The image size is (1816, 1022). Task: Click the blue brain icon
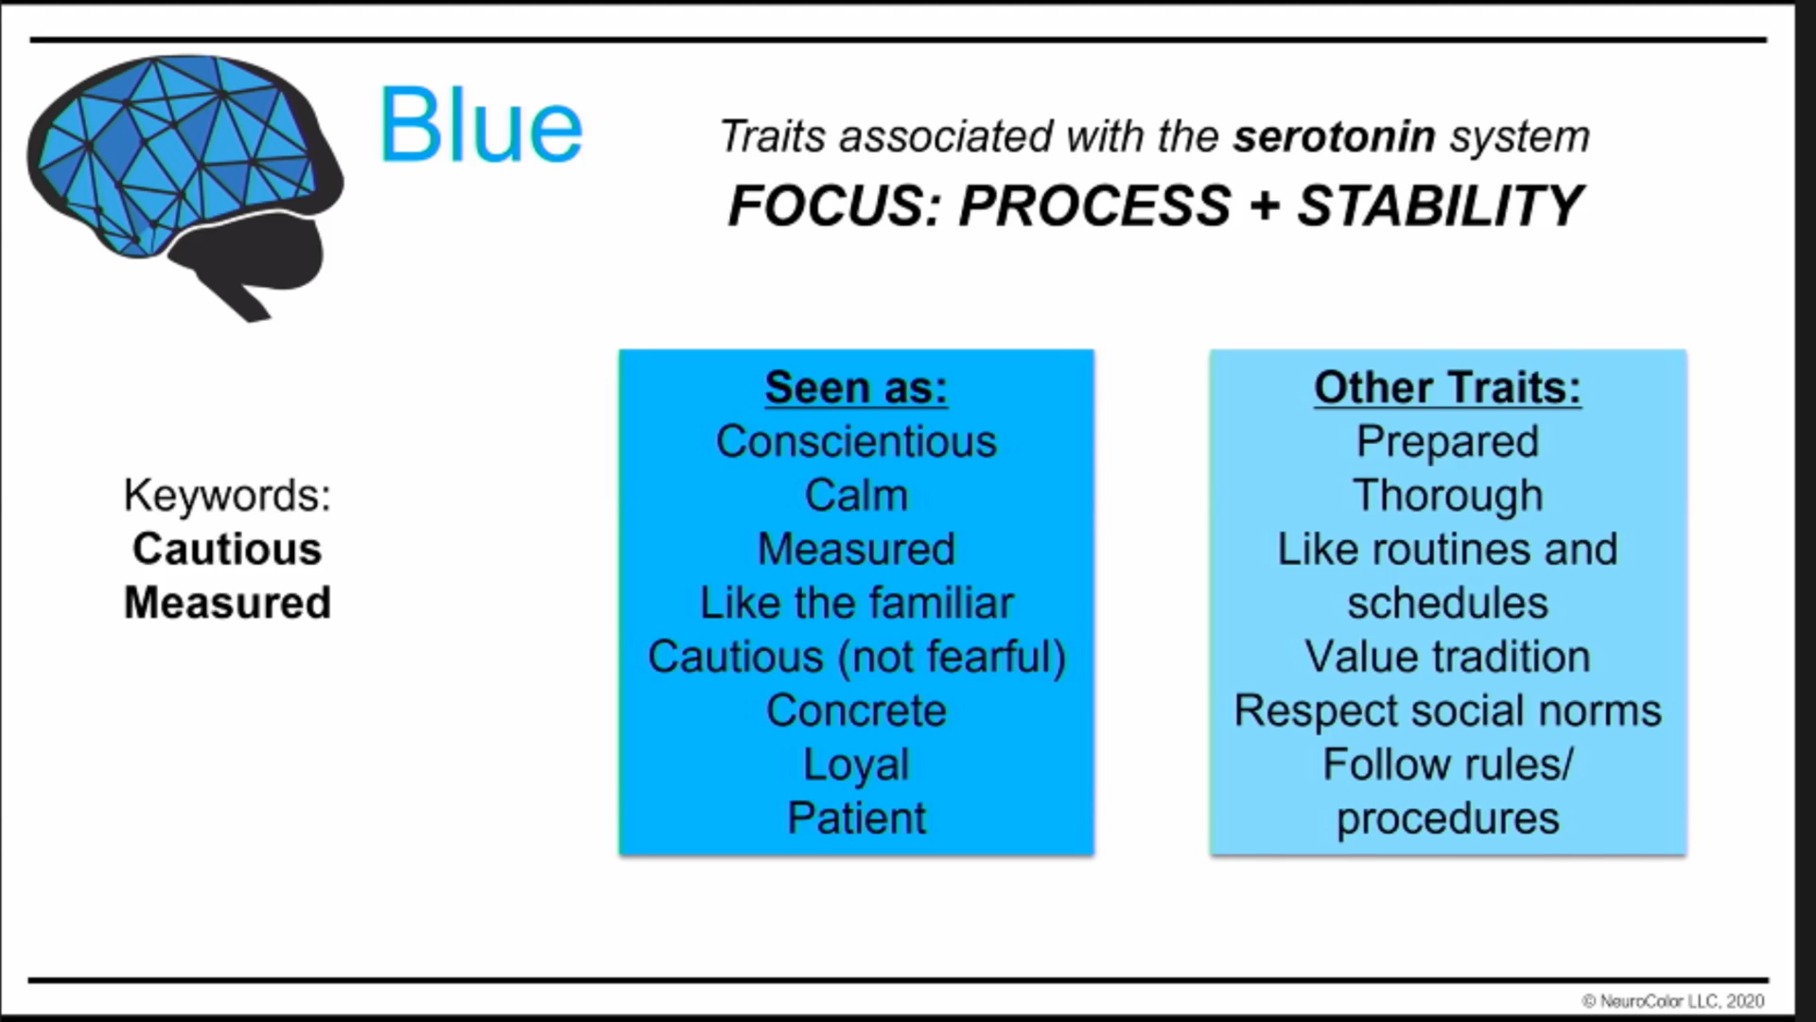pyautogui.click(x=184, y=185)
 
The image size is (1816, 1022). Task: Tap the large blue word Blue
pyautogui.click(x=480, y=126)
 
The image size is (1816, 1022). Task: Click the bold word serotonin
pyautogui.click(x=1335, y=137)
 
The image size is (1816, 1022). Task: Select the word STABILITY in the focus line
pyautogui.click(x=1440, y=205)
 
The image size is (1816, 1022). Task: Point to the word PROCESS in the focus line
pyautogui.click(x=1094, y=205)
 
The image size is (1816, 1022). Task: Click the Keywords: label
pyautogui.click(x=227, y=495)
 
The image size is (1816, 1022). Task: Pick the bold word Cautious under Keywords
pyautogui.click(x=227, y=549)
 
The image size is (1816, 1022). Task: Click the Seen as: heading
pyautogui.click(x=856, y=388)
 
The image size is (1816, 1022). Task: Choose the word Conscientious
pyautogui.click(x=856, y=442)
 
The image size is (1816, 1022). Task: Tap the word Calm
pyautogui.click(x=856, y=496)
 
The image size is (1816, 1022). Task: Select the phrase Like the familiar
pyautogui.click(x=856, y=604)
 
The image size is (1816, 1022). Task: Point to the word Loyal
pyautogui.click(x=856, y=766)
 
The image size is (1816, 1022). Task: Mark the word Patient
pyautogui.click(x=856, y=819)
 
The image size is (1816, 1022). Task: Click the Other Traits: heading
pyautogui.click(x=1447, y=388)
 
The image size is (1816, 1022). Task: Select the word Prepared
pyautogui.click(x=1447, y=443)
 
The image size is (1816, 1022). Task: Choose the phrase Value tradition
pyautogui.click(x=1447, y=657)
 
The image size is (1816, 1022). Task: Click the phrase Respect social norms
pyautogui.click(x=1447, y=712)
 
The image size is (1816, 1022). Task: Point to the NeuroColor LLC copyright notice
pyautogui.click(x=1672, y=1001)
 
